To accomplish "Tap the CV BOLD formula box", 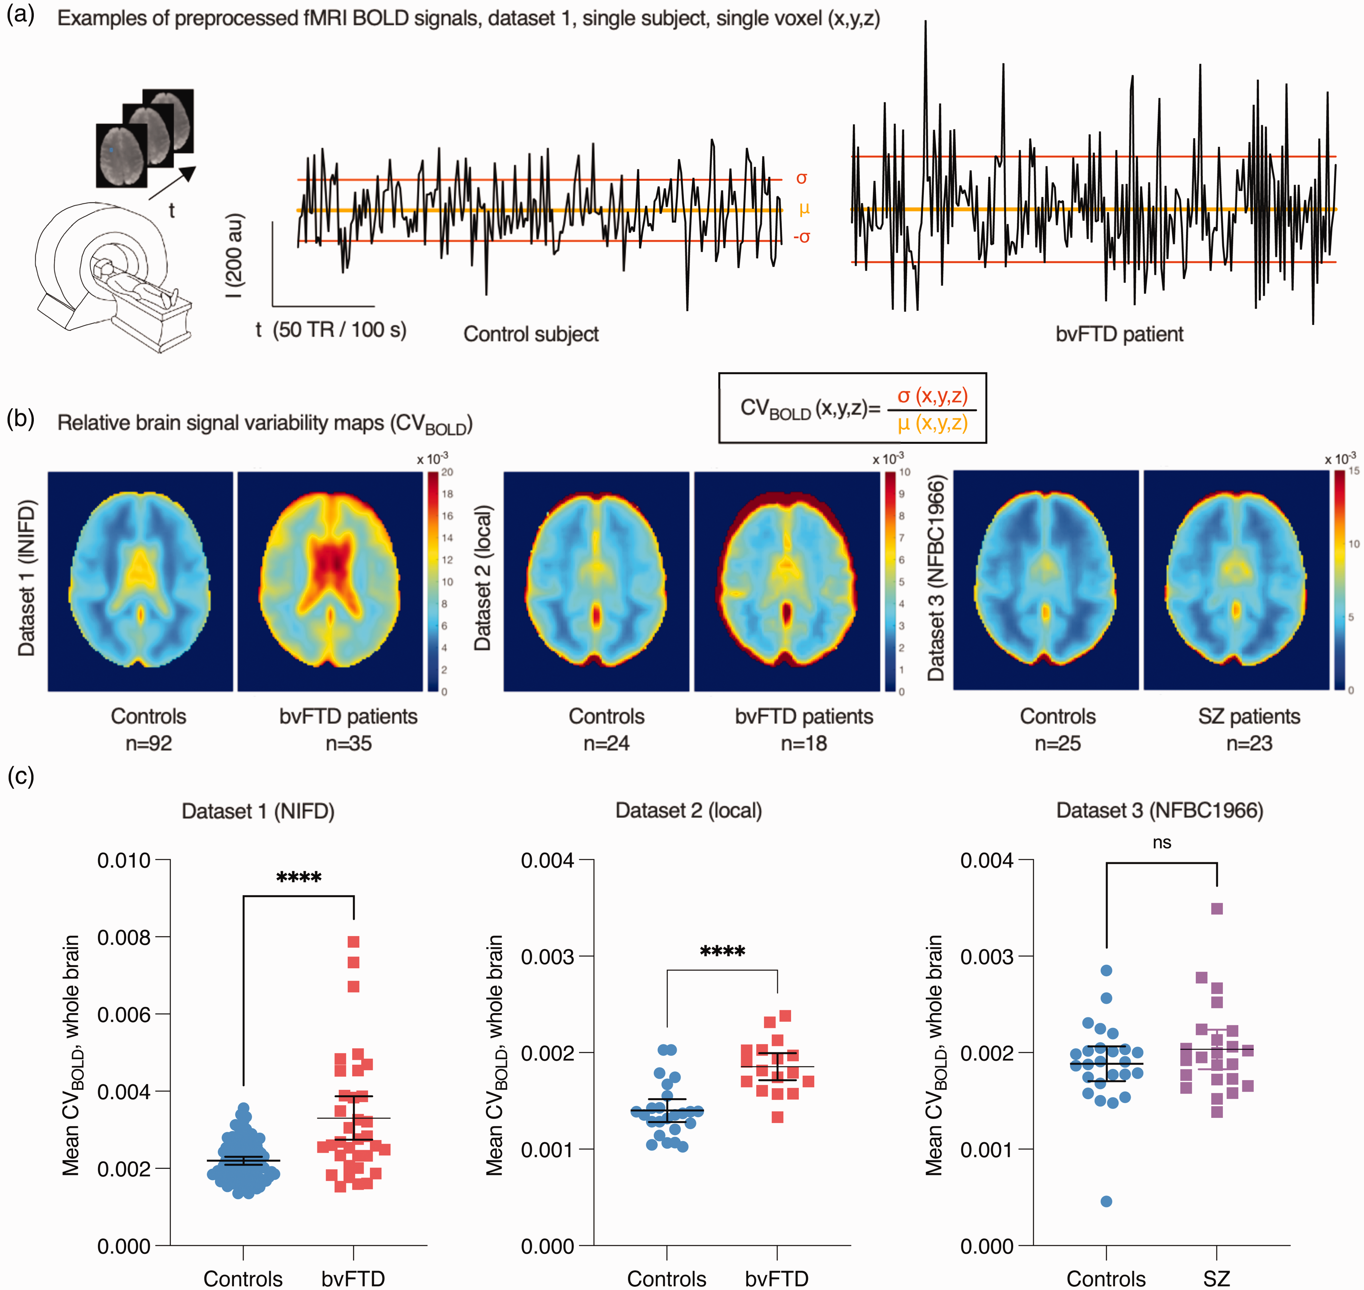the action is tap(852, 408).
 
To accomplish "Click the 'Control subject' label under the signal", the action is tap(530, 334).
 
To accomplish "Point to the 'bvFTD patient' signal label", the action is tap(1119, 334).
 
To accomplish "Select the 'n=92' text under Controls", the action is tap(148, 743).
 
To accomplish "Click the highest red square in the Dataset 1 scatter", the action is tap(353, 941).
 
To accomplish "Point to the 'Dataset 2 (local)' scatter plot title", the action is tap(689, 811).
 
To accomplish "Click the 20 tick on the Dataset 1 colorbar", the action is tap(447, 472).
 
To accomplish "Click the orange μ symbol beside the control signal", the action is tap(804, 209).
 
